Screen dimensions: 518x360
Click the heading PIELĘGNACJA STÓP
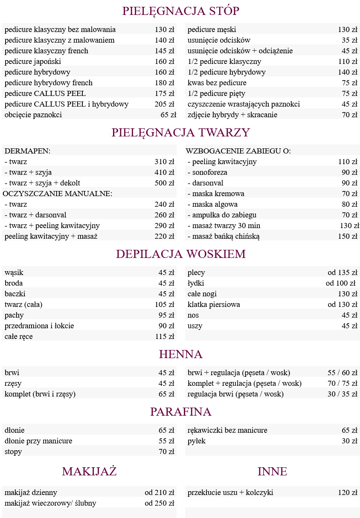180,11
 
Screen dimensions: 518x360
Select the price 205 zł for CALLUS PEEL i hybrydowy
164,104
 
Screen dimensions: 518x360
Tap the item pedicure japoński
33,61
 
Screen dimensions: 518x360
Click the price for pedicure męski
347,29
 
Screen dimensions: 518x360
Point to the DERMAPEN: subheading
27,151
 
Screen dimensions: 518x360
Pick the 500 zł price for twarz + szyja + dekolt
164,183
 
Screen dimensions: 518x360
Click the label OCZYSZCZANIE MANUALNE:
57,194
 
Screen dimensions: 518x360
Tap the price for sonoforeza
349,172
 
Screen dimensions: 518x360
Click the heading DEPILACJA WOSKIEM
180,254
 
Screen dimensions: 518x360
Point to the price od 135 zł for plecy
342,272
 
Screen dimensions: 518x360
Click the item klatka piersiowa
214,304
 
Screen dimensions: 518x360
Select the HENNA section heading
180,354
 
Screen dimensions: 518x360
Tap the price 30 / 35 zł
342,394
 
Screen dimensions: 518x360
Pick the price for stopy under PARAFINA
166,451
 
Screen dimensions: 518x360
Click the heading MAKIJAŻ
89,472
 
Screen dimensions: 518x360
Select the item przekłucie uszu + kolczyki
230,492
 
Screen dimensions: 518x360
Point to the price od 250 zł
159,503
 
